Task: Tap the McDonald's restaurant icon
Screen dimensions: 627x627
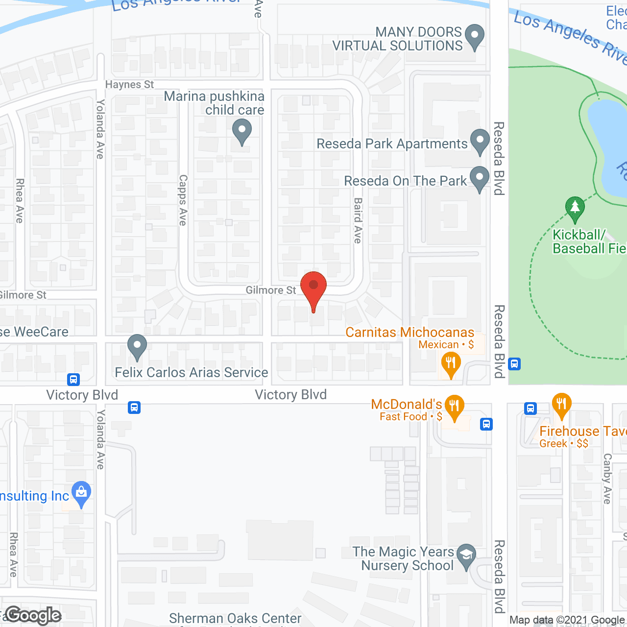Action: coord(454,407)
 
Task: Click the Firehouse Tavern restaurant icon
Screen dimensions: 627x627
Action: coord(561,405)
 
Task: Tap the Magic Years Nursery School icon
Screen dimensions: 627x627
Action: coord(466,555)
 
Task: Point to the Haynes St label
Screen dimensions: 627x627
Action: coord(129,85)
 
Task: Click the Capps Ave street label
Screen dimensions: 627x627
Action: coord(183,200)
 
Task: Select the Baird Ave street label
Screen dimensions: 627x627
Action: coord(358,220)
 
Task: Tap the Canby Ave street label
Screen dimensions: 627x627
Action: coord(607,479)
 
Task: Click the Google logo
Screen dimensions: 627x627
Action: coord(33,615)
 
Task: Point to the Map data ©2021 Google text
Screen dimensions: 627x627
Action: coord(567,620)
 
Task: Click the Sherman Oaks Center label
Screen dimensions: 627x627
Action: coord(235,619)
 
